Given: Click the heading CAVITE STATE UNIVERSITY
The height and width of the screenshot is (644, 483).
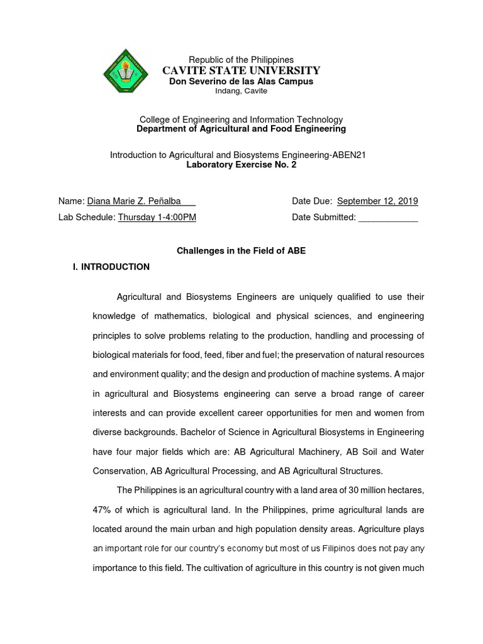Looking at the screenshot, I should (x=241, y=70).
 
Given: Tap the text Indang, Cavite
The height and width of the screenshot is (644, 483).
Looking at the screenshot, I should (x=241, y=91).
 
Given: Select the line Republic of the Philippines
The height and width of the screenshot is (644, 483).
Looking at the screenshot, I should (x=241, y=59).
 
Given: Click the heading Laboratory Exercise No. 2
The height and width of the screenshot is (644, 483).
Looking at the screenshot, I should (x=241, y=164).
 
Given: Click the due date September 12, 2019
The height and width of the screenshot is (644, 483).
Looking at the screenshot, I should (x=377, y=201).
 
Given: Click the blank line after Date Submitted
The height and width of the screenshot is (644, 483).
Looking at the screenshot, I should (x=387, y=218).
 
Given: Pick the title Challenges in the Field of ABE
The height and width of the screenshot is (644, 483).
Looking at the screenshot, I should (x=241, y=251).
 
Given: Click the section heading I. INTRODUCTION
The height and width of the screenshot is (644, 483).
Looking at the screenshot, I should (x=112, y=267).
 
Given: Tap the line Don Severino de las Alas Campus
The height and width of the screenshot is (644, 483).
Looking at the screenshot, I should (x=241, y=81).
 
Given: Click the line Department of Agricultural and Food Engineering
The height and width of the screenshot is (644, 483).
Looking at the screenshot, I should (x=241, y=129).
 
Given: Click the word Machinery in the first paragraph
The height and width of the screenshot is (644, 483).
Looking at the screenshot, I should (x=313, y=452).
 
